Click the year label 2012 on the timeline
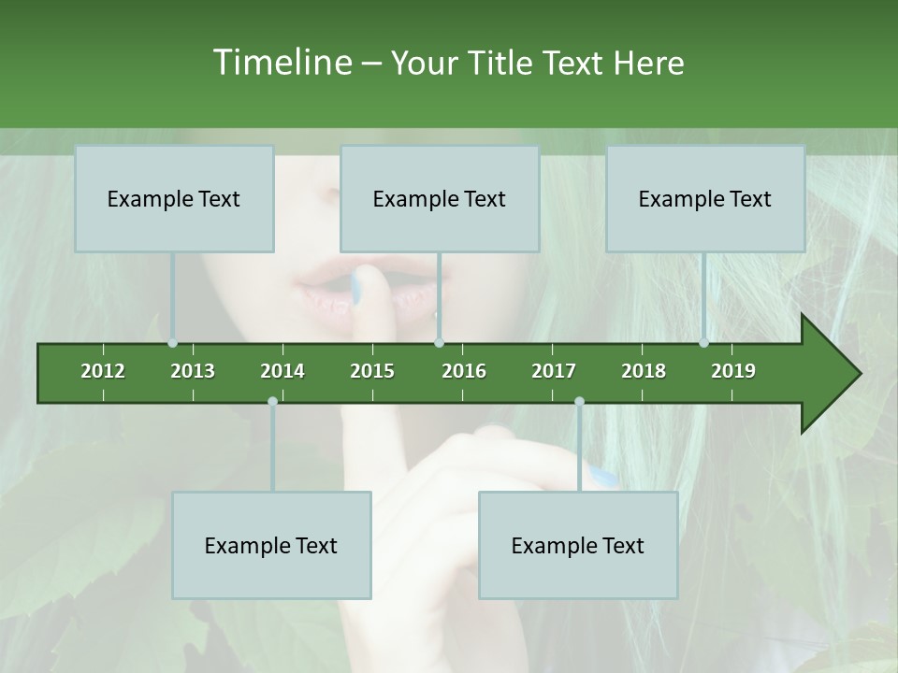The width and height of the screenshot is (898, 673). pyautogui.click(x=103, y=371)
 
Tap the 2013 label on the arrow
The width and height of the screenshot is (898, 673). pyautogui.click(x=193, y=371)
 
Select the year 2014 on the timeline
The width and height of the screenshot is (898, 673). pyautogui.click(x=282, y=371)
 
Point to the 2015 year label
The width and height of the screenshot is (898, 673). pyautogui.click(x=372, y=371)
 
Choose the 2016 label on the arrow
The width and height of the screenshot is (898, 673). pyautogui.click(x=464, y=371)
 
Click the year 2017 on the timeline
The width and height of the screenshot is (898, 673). pyautogui.click(x=554, y=371)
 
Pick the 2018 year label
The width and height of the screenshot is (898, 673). pyautogui.click(x=644, y=371)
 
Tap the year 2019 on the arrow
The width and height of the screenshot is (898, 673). pyautogui.click(x=733, y=371)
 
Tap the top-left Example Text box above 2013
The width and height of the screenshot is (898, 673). pyautogui.click(x=174, y=199)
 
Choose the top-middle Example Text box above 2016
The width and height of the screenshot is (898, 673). pyautogui.click(x=440, y=199)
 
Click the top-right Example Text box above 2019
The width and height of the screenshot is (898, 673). pyautogui.click(x=705, y=199)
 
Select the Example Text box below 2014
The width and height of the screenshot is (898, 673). pyautogui.click(x=271, y=546)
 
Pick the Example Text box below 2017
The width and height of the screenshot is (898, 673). pyautogui.click(x=578, y=546)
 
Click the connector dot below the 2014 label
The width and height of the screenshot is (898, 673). pyautogui.click(x=272, y=402)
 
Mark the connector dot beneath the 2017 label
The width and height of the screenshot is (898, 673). pyautogui.click(x=579, y=402)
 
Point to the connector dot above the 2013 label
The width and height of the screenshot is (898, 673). pyautogui.click(x=173, y=343)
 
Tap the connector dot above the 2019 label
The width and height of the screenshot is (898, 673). pyautogui.click(x=704, y=343)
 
